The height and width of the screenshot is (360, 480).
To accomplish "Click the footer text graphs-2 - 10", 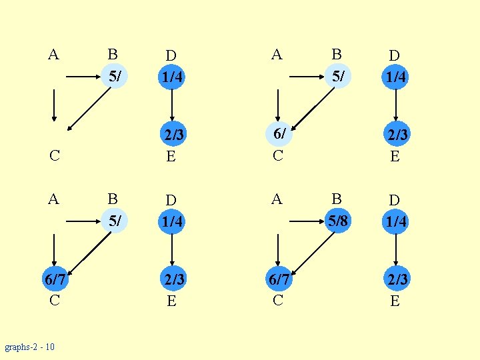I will (29, 347).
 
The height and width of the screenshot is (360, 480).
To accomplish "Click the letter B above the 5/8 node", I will (337, 199).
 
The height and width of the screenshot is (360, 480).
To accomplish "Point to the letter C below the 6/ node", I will (278, 156).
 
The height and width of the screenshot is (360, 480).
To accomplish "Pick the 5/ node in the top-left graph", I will (115, 76).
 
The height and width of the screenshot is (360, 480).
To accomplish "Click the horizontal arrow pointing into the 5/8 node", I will (307, 221).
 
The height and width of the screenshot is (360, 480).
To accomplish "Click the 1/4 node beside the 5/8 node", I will (396, 221).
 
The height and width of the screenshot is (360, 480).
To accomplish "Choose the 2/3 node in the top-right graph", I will (396, 135).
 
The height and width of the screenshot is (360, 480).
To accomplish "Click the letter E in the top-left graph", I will (171, 156).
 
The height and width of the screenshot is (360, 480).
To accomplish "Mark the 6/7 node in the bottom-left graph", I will (54, 279).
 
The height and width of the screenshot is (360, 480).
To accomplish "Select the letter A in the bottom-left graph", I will (53, 199).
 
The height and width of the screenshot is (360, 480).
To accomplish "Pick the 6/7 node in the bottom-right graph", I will (278, 279).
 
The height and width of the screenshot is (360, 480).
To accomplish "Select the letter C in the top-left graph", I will (54, 156).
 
